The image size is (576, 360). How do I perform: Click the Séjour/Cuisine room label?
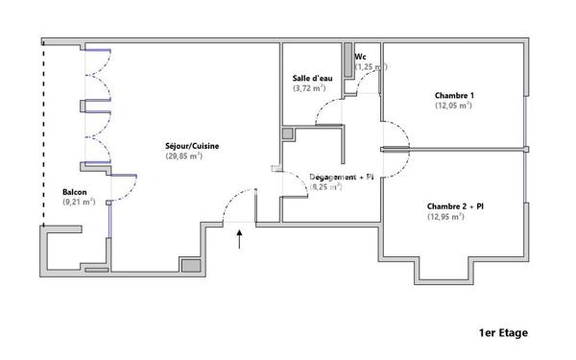(192, 146)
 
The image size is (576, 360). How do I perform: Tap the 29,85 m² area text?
(184, 156)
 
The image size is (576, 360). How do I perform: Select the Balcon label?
(76, 192)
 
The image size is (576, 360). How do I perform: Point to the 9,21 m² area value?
(79, 202)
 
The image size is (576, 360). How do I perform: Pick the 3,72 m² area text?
(309, 87)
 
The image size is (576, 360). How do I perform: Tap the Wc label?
(360, 57)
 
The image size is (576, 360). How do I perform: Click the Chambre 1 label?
(453, 95)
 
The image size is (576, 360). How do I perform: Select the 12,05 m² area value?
(453, 106)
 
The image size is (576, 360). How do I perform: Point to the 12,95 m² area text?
(446, 217)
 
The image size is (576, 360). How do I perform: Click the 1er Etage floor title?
(503, 333)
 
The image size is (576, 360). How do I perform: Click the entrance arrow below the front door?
(240, 237)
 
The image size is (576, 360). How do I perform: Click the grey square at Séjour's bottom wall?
(190, 265)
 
